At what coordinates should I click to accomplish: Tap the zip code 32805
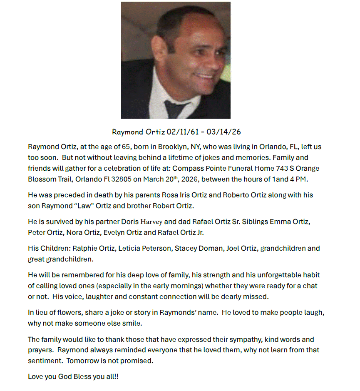119,179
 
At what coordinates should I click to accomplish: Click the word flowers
65,313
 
